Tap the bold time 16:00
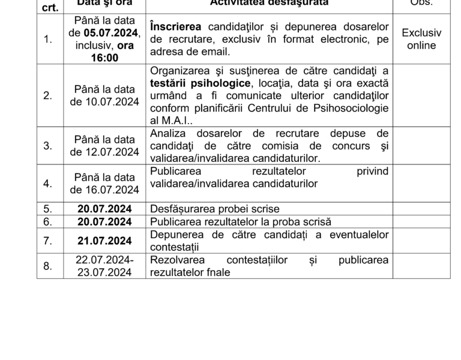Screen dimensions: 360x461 [x=104, y=58]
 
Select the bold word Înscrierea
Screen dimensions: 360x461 [x=176, y=27]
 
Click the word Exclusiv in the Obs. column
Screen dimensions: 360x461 [x=421, y=33]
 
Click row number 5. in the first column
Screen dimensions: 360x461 [x=48, y=209]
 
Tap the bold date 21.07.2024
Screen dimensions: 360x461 [x=104, y=241]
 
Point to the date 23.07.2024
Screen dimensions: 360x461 [x=104, y=272]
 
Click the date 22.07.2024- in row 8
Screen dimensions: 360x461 [x=104, y=260]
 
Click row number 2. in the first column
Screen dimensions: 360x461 [x=48, y=95]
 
